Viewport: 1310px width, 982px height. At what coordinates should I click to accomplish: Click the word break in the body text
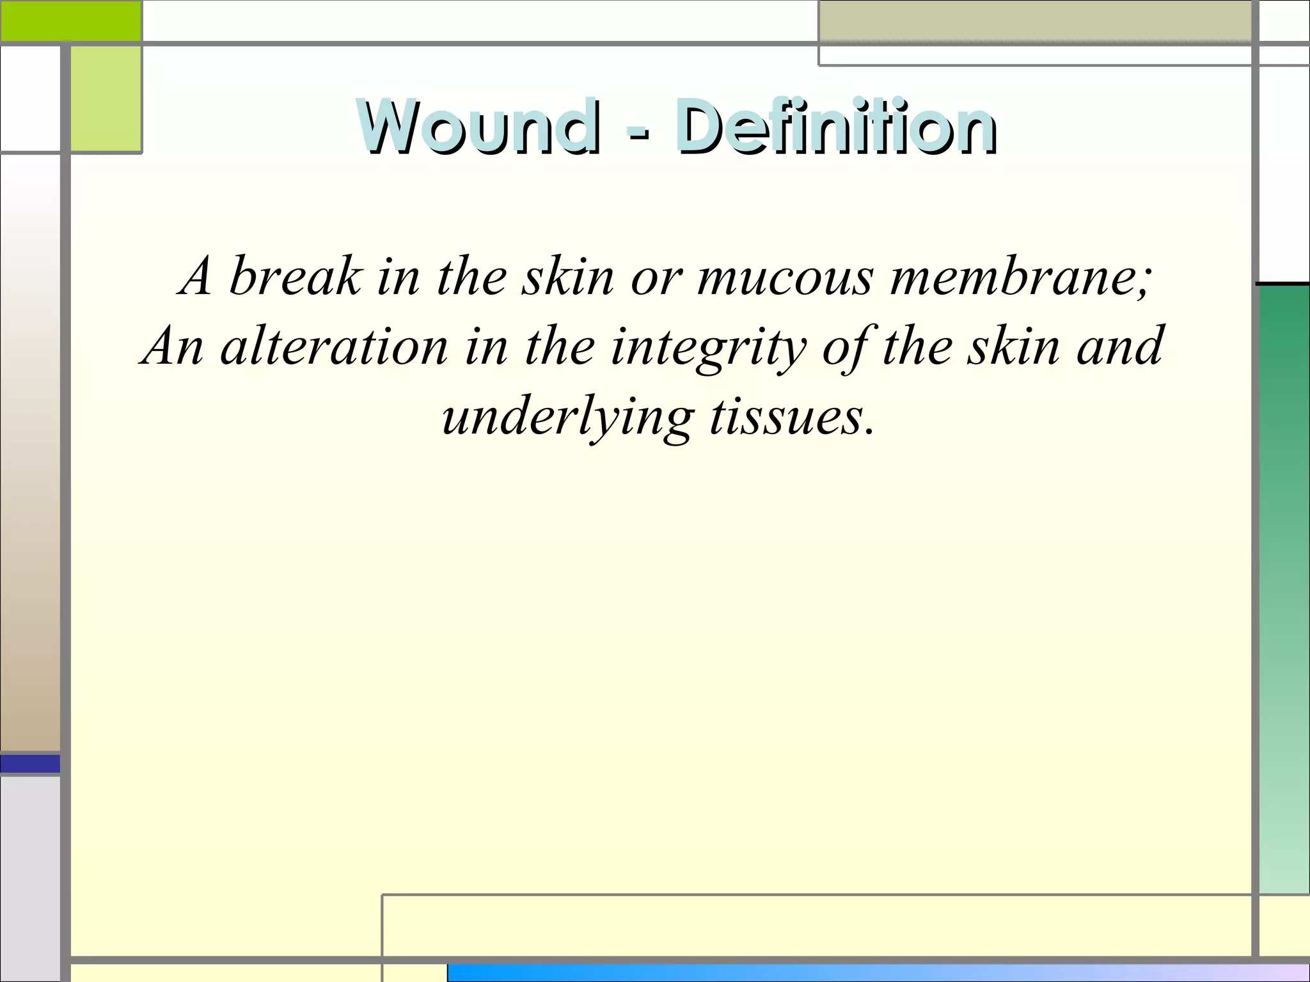pyautogui.click(x=296, y=276)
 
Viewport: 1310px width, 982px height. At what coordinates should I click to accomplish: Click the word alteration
pyautogui.click(x=334, y=347)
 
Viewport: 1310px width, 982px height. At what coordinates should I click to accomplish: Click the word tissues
pyautogui.click(x=791, y=417)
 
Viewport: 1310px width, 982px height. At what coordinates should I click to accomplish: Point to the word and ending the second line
pyautogui.click(x=1119, y=347)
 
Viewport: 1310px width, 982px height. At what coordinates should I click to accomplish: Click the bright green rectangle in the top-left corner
pyautogui.click(x=70, y=20)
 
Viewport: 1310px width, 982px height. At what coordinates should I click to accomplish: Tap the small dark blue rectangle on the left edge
pyautogui.click(x=30, y=763)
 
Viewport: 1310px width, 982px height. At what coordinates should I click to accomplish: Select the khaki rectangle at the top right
pyautogui.click(x=1034, y=21)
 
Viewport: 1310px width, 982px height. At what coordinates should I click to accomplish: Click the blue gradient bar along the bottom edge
pyautogui.click(x=876, y=972)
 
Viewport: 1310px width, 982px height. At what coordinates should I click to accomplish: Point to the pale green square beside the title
pyautogui.click(x=106, y=99)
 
